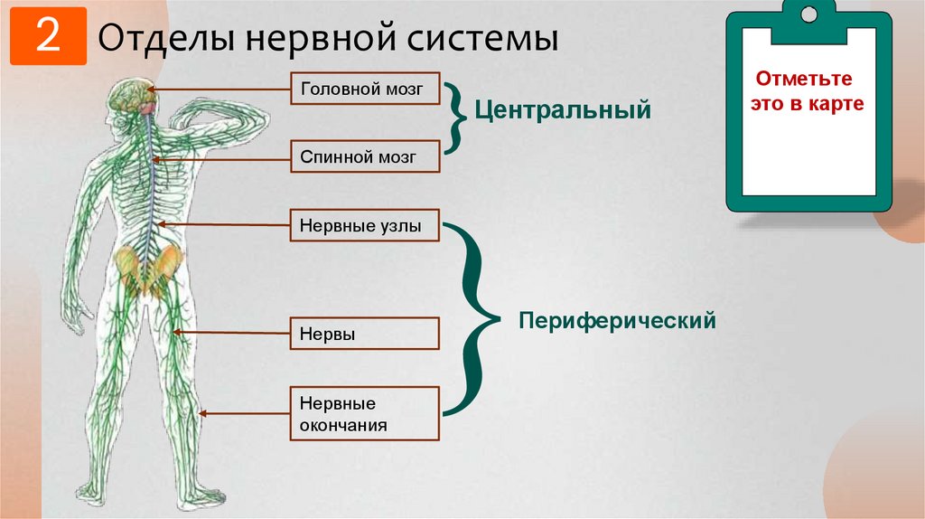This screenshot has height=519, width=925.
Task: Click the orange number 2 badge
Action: [x=48, y=36]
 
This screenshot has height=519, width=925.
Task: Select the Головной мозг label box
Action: [x=364, y=90]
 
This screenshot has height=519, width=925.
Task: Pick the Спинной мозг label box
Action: [x=364, y=156]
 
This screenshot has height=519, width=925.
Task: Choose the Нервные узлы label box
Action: [x=364, y=225]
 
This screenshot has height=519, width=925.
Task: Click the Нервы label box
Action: [x=364, y=334]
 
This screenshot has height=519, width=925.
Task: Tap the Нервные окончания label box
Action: [x=364, y=414]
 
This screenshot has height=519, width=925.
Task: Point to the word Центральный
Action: [x=564, y=111]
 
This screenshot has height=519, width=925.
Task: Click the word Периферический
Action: [x=617, y=320]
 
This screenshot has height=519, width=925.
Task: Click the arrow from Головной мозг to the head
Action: [x=221, y=90]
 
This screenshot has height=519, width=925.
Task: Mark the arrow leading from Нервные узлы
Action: [x=226, y=225]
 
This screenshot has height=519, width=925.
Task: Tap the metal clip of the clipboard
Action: [x=808, y=16]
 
